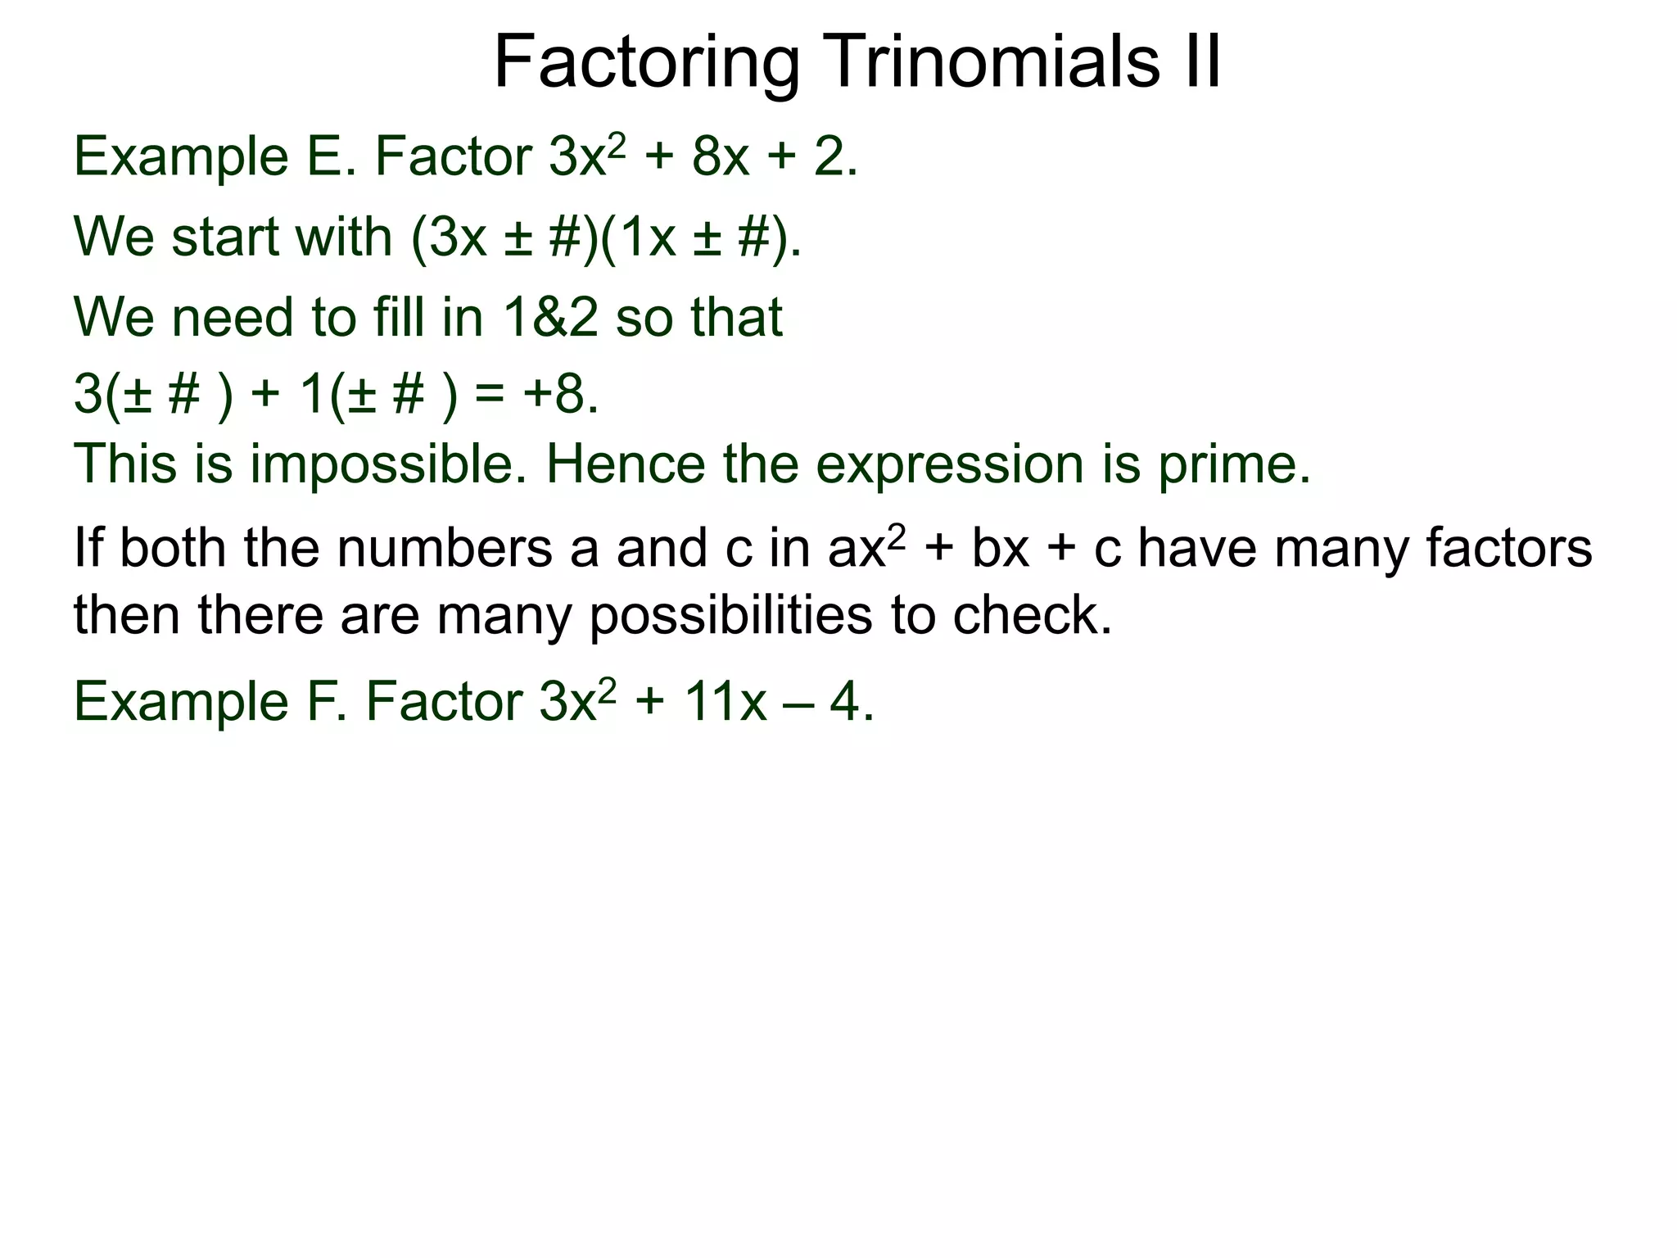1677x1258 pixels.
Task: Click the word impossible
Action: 388,464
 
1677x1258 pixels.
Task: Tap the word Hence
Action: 625,464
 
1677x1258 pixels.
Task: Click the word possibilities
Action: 730,615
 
